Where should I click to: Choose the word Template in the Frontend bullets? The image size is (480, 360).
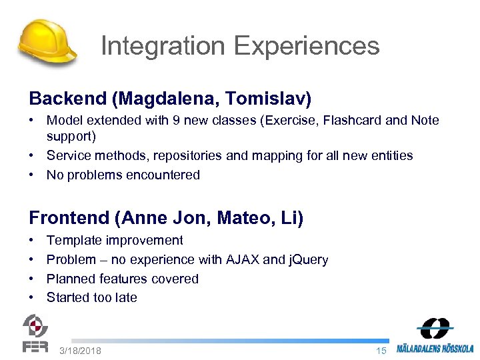tap(72, 240)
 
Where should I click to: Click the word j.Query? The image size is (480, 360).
tap(307, 259)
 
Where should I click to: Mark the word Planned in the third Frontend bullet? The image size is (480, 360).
tap(70, 279)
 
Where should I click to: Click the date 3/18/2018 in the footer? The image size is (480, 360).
tap(80, 351)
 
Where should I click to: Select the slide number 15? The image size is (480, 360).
tap(381, 351)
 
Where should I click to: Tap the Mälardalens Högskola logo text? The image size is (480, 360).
tap(435, 348)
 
